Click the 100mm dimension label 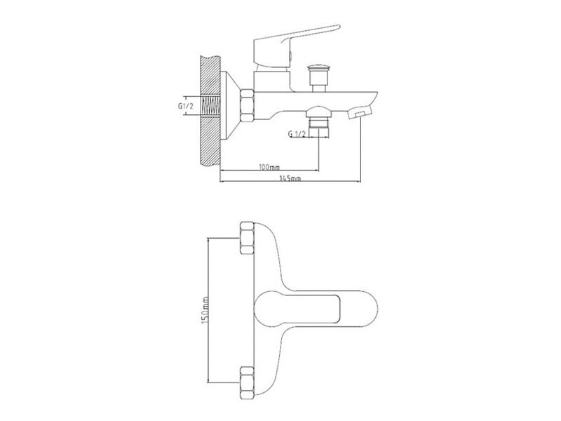click(x=269, y=167)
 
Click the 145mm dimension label click(x=290, y=178)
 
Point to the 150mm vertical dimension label click(x=205, y=310)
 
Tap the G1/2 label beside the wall click(x=186, y=106)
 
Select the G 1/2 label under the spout click(x=297, y=134)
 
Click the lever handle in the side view click(x=296, y=46)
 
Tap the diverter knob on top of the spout click(x=318, y=78)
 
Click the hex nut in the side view click(x=248, y=106)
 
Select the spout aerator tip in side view click(x=360, y=112)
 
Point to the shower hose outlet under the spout click(x=319, y=120)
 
